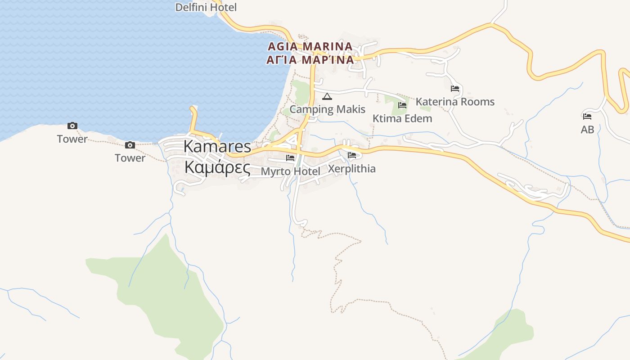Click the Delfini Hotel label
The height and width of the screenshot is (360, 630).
click(206, 7)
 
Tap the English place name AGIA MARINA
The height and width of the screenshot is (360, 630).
click(310, 46)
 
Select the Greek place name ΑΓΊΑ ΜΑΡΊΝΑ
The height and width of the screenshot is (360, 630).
click(310, 60)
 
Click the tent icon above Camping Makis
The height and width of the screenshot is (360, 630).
click(327, 96)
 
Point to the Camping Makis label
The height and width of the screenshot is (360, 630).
click(327, 109)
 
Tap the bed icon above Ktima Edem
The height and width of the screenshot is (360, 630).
click(402, 105)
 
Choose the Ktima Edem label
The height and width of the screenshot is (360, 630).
click(402, 118)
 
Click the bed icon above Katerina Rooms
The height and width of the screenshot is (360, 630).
click(455, 89)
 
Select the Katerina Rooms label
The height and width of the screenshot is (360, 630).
click(455, 102)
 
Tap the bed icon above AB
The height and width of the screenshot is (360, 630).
click(587, 116)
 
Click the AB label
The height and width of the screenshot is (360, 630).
click(587, 130)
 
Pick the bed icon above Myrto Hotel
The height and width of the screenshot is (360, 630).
click(290, 158)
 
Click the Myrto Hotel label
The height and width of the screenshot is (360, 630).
click(291, 171)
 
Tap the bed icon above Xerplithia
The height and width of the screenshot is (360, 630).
click(352, 155)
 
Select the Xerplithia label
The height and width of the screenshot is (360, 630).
click(352, 169)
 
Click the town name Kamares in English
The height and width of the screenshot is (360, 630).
click(217, 146)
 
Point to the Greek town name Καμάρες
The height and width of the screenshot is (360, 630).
click(217, 167)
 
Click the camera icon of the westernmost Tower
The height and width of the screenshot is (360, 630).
click(72, 126)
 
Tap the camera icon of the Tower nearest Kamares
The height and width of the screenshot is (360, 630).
click(130, 145)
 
